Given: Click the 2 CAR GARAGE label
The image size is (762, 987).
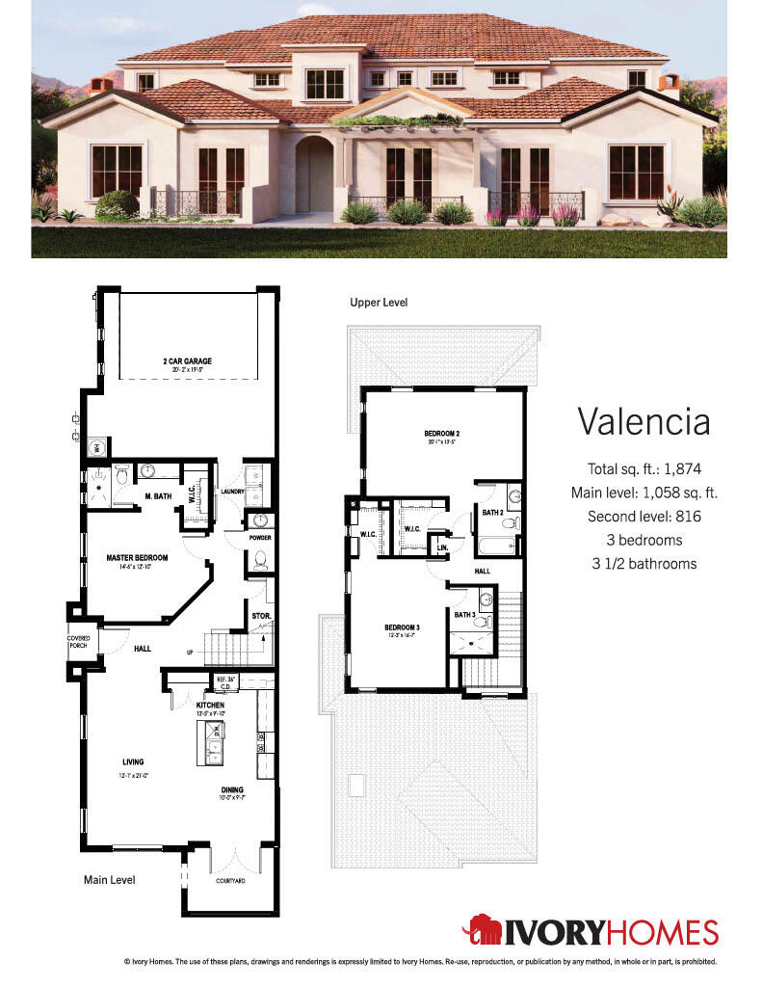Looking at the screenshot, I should point(187,361).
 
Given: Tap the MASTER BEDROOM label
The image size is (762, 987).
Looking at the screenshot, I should point(137,557).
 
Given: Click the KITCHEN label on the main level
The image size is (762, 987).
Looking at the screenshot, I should point(211,706).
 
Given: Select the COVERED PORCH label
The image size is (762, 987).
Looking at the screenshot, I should point(78,641).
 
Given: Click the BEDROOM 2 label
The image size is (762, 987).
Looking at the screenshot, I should point(441,434).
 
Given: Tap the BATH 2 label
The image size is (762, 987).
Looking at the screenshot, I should point(493,512).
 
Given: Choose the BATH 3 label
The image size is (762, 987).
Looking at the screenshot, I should point(464,615).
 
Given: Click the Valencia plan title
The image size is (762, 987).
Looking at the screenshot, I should point(644,421).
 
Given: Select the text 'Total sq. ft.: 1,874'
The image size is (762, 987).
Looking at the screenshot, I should point(644,469).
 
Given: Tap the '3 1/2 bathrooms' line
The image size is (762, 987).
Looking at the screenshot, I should point(644,563).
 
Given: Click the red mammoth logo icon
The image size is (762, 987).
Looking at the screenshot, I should point(482,931).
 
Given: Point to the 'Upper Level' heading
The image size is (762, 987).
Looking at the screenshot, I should point(379,303).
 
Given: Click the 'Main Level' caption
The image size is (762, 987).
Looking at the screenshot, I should point(110,880).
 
